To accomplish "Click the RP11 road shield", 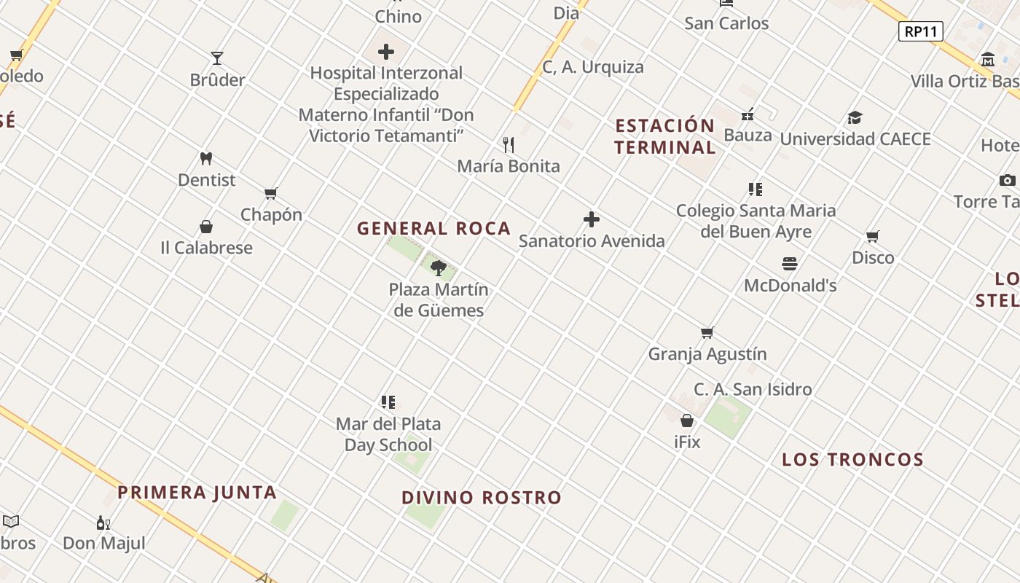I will click(x=921, y=31).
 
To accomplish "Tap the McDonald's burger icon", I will click(x=790, y=263).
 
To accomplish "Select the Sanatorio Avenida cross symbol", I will click(x=592, y=219).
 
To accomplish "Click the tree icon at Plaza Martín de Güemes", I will click(x=438, y=268).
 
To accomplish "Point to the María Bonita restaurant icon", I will click(x=509, y=145).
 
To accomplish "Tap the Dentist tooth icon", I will click(x=206, y=158).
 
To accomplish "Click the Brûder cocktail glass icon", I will click(x=217, y=58).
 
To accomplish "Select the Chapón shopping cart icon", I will click(x=271, y=193).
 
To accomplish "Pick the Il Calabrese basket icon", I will click(x=206, y=227).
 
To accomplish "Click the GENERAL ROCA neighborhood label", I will click(x=433, y=229).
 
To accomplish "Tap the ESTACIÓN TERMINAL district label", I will click(x=664, y=136).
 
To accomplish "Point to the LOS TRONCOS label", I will click(x=852, y=460).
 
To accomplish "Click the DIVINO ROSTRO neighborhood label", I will click(x=482, y=498).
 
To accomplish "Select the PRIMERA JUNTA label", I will click(x=197, y=493).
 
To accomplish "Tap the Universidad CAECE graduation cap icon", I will click(x=855, y=117).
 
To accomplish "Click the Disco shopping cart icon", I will click(x=873, y=236).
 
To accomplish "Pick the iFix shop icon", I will click(x=687, y=421).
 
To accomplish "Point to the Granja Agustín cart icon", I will click(x=707, y=333).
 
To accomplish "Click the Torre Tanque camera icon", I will click(x=1007, y=180).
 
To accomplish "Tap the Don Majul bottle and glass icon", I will click(x=103, y=523).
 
